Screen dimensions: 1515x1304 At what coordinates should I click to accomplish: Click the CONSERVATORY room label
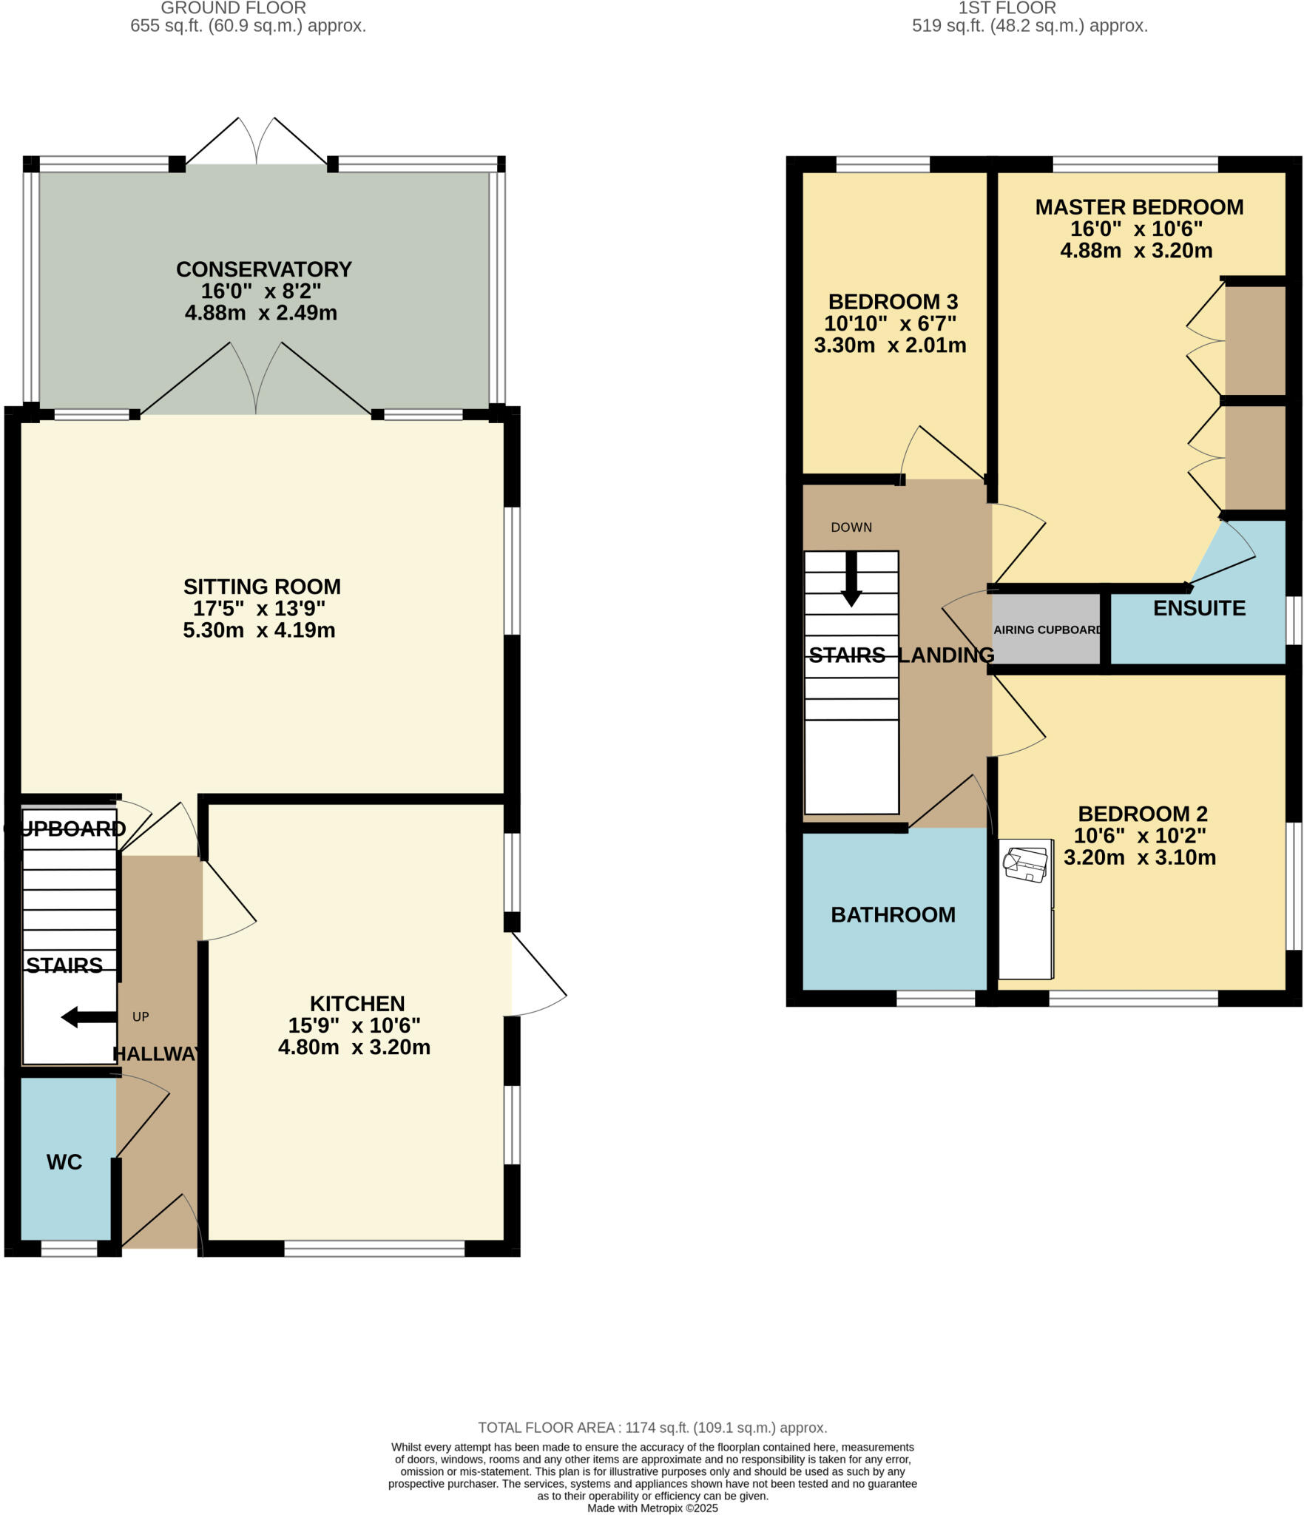[x=263, y=269]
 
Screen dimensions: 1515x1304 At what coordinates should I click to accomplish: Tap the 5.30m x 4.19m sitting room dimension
[x=259, y=630]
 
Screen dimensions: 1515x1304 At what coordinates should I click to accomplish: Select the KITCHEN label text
[x=357, y=1004]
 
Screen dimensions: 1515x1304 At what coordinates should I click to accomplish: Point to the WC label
[x=64, y=1162]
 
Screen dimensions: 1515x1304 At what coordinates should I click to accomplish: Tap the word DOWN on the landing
[x=851, y=527]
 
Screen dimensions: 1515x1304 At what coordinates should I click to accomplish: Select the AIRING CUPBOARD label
[x=1047, y=630]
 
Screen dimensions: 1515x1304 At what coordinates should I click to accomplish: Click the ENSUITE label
[x=1199, y=608]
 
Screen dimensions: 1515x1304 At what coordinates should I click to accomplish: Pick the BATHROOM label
[x=893, y=915]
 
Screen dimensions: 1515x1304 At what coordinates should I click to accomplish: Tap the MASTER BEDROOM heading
[x=1138, y=207]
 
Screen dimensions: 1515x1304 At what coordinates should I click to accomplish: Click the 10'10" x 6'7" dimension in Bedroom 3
[x=890, y=323]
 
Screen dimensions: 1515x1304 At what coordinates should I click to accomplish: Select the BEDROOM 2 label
[x=1142, y=814]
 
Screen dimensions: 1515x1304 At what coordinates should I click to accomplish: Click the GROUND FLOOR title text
[x=233, y=8]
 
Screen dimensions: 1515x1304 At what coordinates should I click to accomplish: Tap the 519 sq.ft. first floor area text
[x=1029, y=27]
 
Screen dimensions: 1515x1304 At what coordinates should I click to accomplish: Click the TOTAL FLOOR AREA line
[x=652, y=1428]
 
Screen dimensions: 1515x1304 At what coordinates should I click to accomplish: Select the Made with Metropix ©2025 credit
[x=652, y=1508]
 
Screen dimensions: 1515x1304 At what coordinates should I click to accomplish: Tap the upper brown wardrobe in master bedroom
[x=1255, y=340]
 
